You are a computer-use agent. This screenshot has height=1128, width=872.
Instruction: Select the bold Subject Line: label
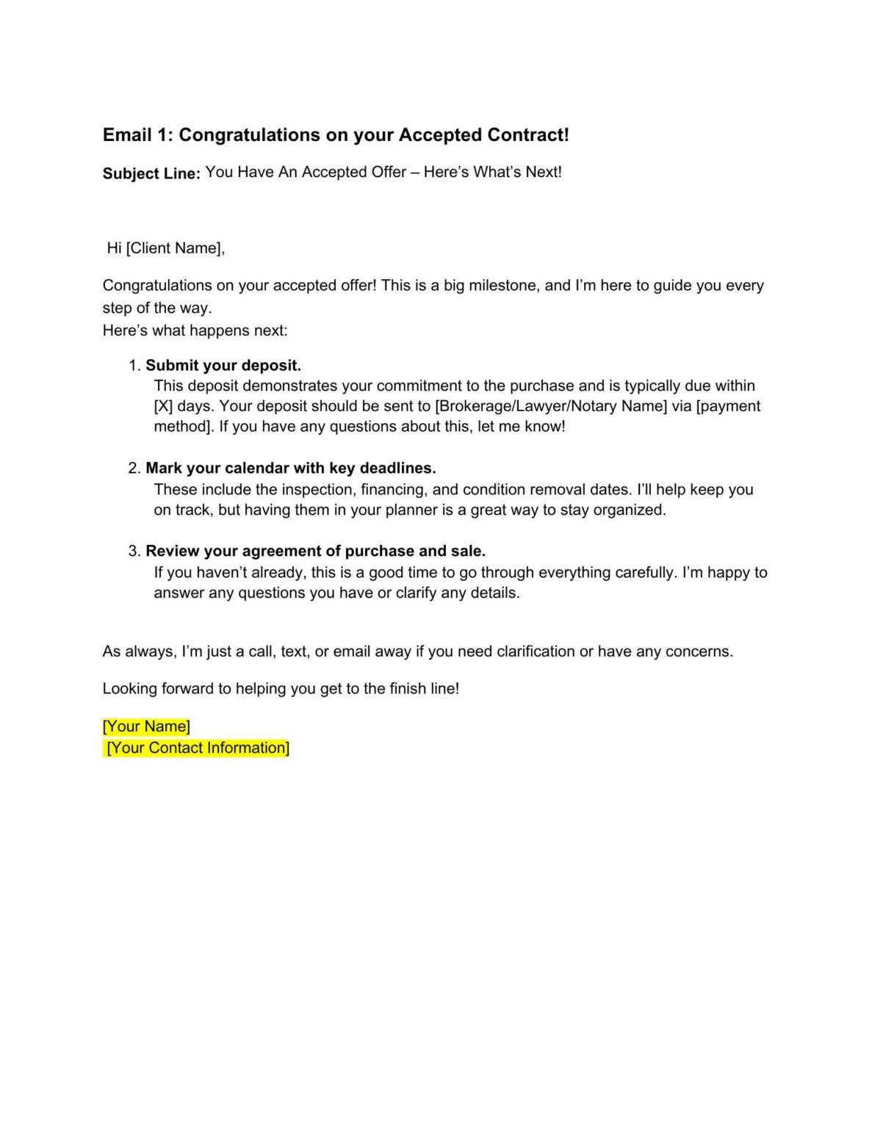(151, 173)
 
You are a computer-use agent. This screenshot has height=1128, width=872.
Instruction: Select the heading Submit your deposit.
(223, 366)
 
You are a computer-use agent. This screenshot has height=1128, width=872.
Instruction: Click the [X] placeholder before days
(163, 406)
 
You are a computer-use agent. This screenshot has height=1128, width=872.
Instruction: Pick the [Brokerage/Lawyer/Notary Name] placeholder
(551, 406)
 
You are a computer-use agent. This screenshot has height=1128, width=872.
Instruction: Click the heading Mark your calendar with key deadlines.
(291, 469)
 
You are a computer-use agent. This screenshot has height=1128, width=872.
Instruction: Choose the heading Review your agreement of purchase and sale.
(316, 552)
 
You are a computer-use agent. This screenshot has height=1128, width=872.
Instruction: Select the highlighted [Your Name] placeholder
(146, 726)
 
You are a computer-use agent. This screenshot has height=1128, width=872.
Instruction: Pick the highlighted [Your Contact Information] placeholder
(198, 748)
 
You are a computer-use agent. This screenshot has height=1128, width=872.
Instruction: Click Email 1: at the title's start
(137, 135)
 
